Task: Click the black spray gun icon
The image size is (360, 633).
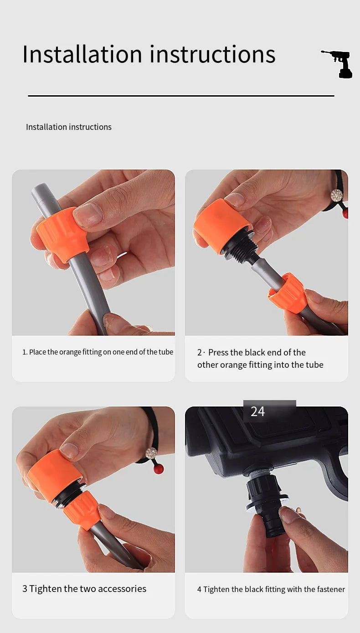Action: pos(339,64)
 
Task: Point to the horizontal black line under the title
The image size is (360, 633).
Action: pos(181,96)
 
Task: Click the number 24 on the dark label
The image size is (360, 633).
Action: pos(258,412)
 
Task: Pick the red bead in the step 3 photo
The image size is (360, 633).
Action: pos(159,469)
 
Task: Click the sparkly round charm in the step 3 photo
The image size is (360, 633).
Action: pos(151,453)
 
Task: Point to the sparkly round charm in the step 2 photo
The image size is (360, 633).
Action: pos(337,195)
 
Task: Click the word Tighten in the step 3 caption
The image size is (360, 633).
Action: pos(46,589)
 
